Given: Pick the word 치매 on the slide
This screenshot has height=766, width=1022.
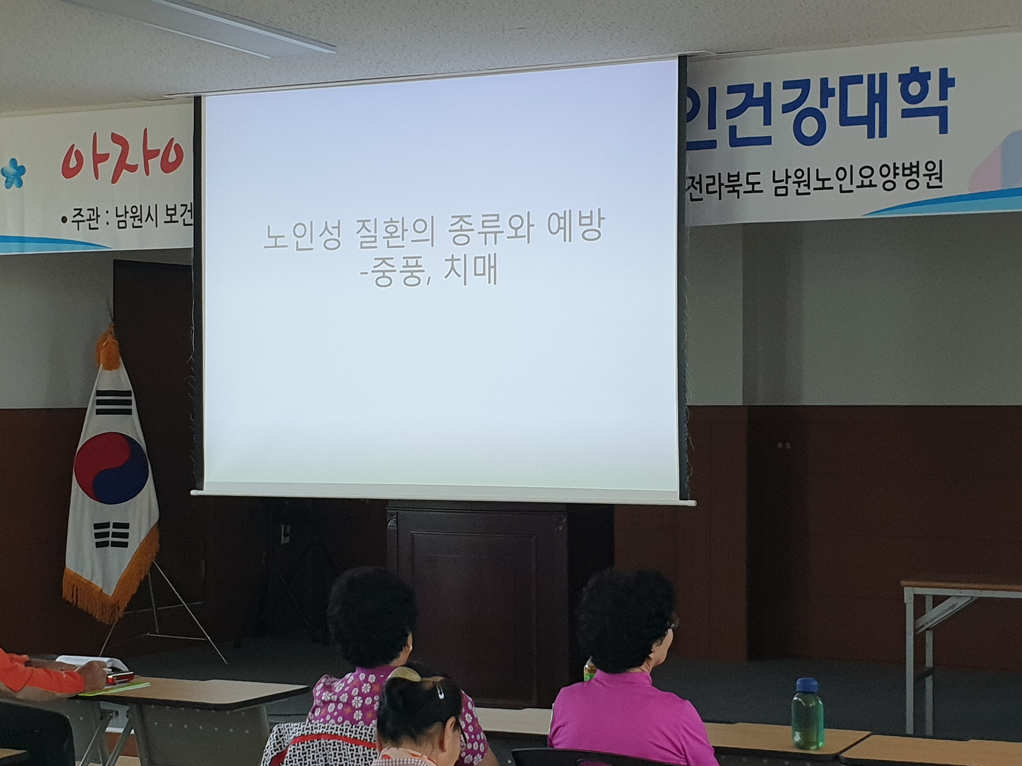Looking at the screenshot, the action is [x=471, y=273].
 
